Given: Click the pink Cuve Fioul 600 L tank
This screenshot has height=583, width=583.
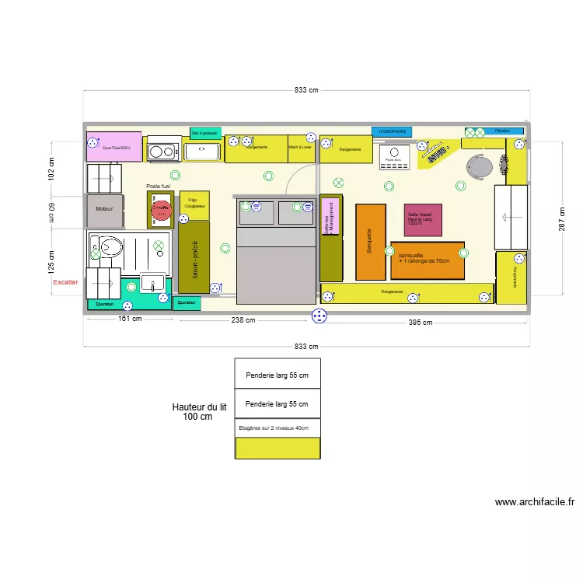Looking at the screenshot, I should coord(113,147).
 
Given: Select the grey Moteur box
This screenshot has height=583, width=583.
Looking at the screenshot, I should coord(104,209).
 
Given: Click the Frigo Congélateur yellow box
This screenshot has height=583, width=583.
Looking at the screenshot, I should coord(194,204).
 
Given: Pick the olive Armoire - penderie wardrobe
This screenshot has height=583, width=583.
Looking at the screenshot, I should coord(194,257).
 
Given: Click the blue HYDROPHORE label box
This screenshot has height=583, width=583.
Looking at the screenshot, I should coord(393,132).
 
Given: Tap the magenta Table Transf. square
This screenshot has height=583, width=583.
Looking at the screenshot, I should coord(423,220).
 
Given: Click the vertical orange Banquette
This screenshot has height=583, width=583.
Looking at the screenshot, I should coord(371,241).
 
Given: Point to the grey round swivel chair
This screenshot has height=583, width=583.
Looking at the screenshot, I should coord(477,166).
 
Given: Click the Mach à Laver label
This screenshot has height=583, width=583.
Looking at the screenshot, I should coord(300,147).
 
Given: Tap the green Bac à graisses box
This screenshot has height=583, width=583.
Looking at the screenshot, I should coord(205,133).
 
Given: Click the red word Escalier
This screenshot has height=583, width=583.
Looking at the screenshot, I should coord(65,283).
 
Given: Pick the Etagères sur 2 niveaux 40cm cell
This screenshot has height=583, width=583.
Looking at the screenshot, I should coord(278,428).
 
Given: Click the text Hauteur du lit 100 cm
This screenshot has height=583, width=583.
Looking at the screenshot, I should coord(198,411).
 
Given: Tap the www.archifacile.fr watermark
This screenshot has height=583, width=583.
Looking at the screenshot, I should coord(534,502).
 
